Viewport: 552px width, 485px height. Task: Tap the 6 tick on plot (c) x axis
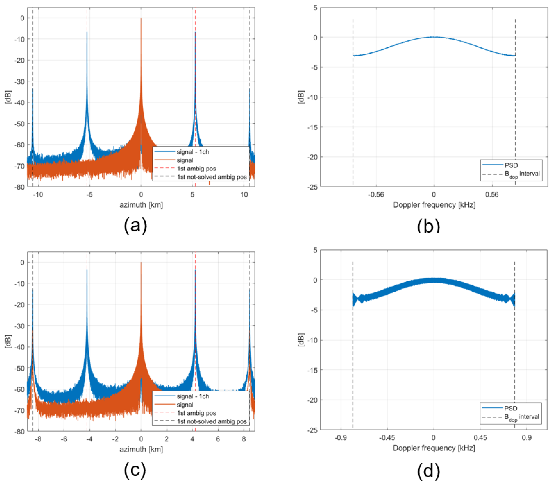(x=218, y=439)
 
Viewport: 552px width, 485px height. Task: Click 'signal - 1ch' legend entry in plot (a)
(x=193, y=152)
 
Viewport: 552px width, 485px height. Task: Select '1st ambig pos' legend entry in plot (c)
(x=196, y=413)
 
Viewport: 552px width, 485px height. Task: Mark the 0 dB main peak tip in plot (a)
(x=141, y=18)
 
